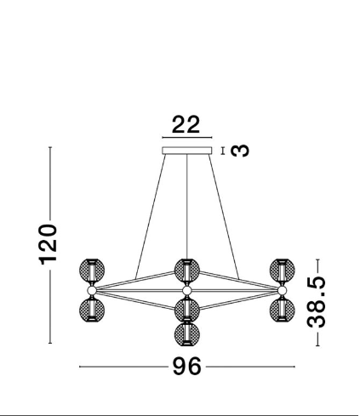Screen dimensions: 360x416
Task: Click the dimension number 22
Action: pos(186,124)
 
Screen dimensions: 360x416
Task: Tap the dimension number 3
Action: pos(240,151)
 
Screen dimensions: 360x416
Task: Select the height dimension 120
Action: pos(48,244)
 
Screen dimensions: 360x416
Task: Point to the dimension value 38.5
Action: pos(317,302)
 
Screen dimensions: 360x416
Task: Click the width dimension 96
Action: pos(187,367)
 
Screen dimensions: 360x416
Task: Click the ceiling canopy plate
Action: pos(187,151)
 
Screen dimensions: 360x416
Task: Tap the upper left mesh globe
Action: pos(92,271)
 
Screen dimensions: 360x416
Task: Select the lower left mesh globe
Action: pos(92,310)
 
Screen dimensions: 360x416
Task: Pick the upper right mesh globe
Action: pos(282,271)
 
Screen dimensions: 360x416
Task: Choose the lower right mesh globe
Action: pos(282,310)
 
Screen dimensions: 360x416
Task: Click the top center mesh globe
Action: pos(187,271)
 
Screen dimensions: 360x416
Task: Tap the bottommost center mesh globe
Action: pos(187,333)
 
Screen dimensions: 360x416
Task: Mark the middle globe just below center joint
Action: pos(187,310)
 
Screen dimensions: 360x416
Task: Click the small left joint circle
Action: pos(92,290)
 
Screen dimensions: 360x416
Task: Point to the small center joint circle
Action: pos(186,290)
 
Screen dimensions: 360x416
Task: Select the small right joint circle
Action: pos(282,290)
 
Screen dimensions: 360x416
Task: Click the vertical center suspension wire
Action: pos(186,207)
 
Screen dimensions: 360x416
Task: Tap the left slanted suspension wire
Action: pos(151,216)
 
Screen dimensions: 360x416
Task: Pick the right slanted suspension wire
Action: pos(224,217)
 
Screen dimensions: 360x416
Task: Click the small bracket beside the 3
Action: pos(223,151)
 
